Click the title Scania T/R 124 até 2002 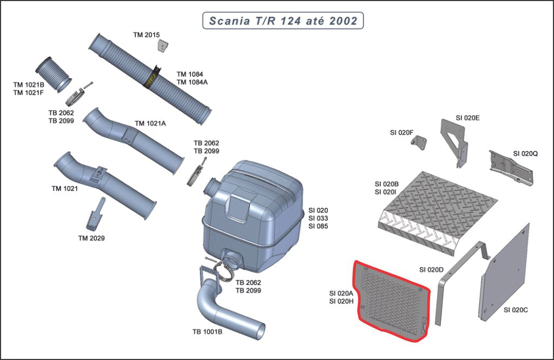(282, 21)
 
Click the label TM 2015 (147, 35)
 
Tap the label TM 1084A (192, 82)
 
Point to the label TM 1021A (150, 123)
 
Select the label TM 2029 (91, 238)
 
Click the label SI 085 (318, 226)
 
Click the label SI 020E (467, 117)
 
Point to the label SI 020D (431, 269)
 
